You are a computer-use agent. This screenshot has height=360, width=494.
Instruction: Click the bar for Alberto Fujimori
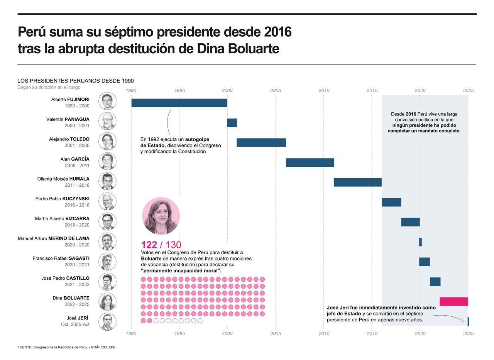tap(179, 103)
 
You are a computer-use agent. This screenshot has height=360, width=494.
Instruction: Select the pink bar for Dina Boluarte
tap(453, 302)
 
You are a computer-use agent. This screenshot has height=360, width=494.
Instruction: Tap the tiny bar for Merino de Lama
tap(420, 242)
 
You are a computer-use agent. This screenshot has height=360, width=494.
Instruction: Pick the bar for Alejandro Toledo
tap(261, 143)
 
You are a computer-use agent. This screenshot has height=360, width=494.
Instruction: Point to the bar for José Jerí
tap(468, 321)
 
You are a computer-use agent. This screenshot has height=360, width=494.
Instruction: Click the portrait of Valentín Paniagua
tap(107, 121)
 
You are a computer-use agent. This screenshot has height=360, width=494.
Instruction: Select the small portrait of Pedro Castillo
tap(107, 282)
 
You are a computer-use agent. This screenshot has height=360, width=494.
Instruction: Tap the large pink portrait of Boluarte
tap(161, 216)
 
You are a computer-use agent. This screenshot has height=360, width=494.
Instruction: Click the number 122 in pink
tap(149, 245)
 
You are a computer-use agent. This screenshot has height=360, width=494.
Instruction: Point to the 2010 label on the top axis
tap(324, 91)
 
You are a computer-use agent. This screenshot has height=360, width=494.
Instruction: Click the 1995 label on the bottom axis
tap(179, 333)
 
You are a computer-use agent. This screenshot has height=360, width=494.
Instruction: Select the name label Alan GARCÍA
tap(75, 159)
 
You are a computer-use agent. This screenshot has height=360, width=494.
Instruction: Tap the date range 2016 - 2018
tap(77, 206)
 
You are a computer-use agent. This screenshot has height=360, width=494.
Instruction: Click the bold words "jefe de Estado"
tap(343, 314)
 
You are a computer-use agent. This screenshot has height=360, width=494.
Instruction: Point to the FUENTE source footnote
tap(66, 347)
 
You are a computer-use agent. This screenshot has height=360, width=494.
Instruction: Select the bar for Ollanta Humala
tap(357, 183)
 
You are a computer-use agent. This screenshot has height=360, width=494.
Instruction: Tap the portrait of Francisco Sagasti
tap(107, 262)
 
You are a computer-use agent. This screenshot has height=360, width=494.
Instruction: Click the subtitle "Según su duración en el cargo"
tap(49, 87)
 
